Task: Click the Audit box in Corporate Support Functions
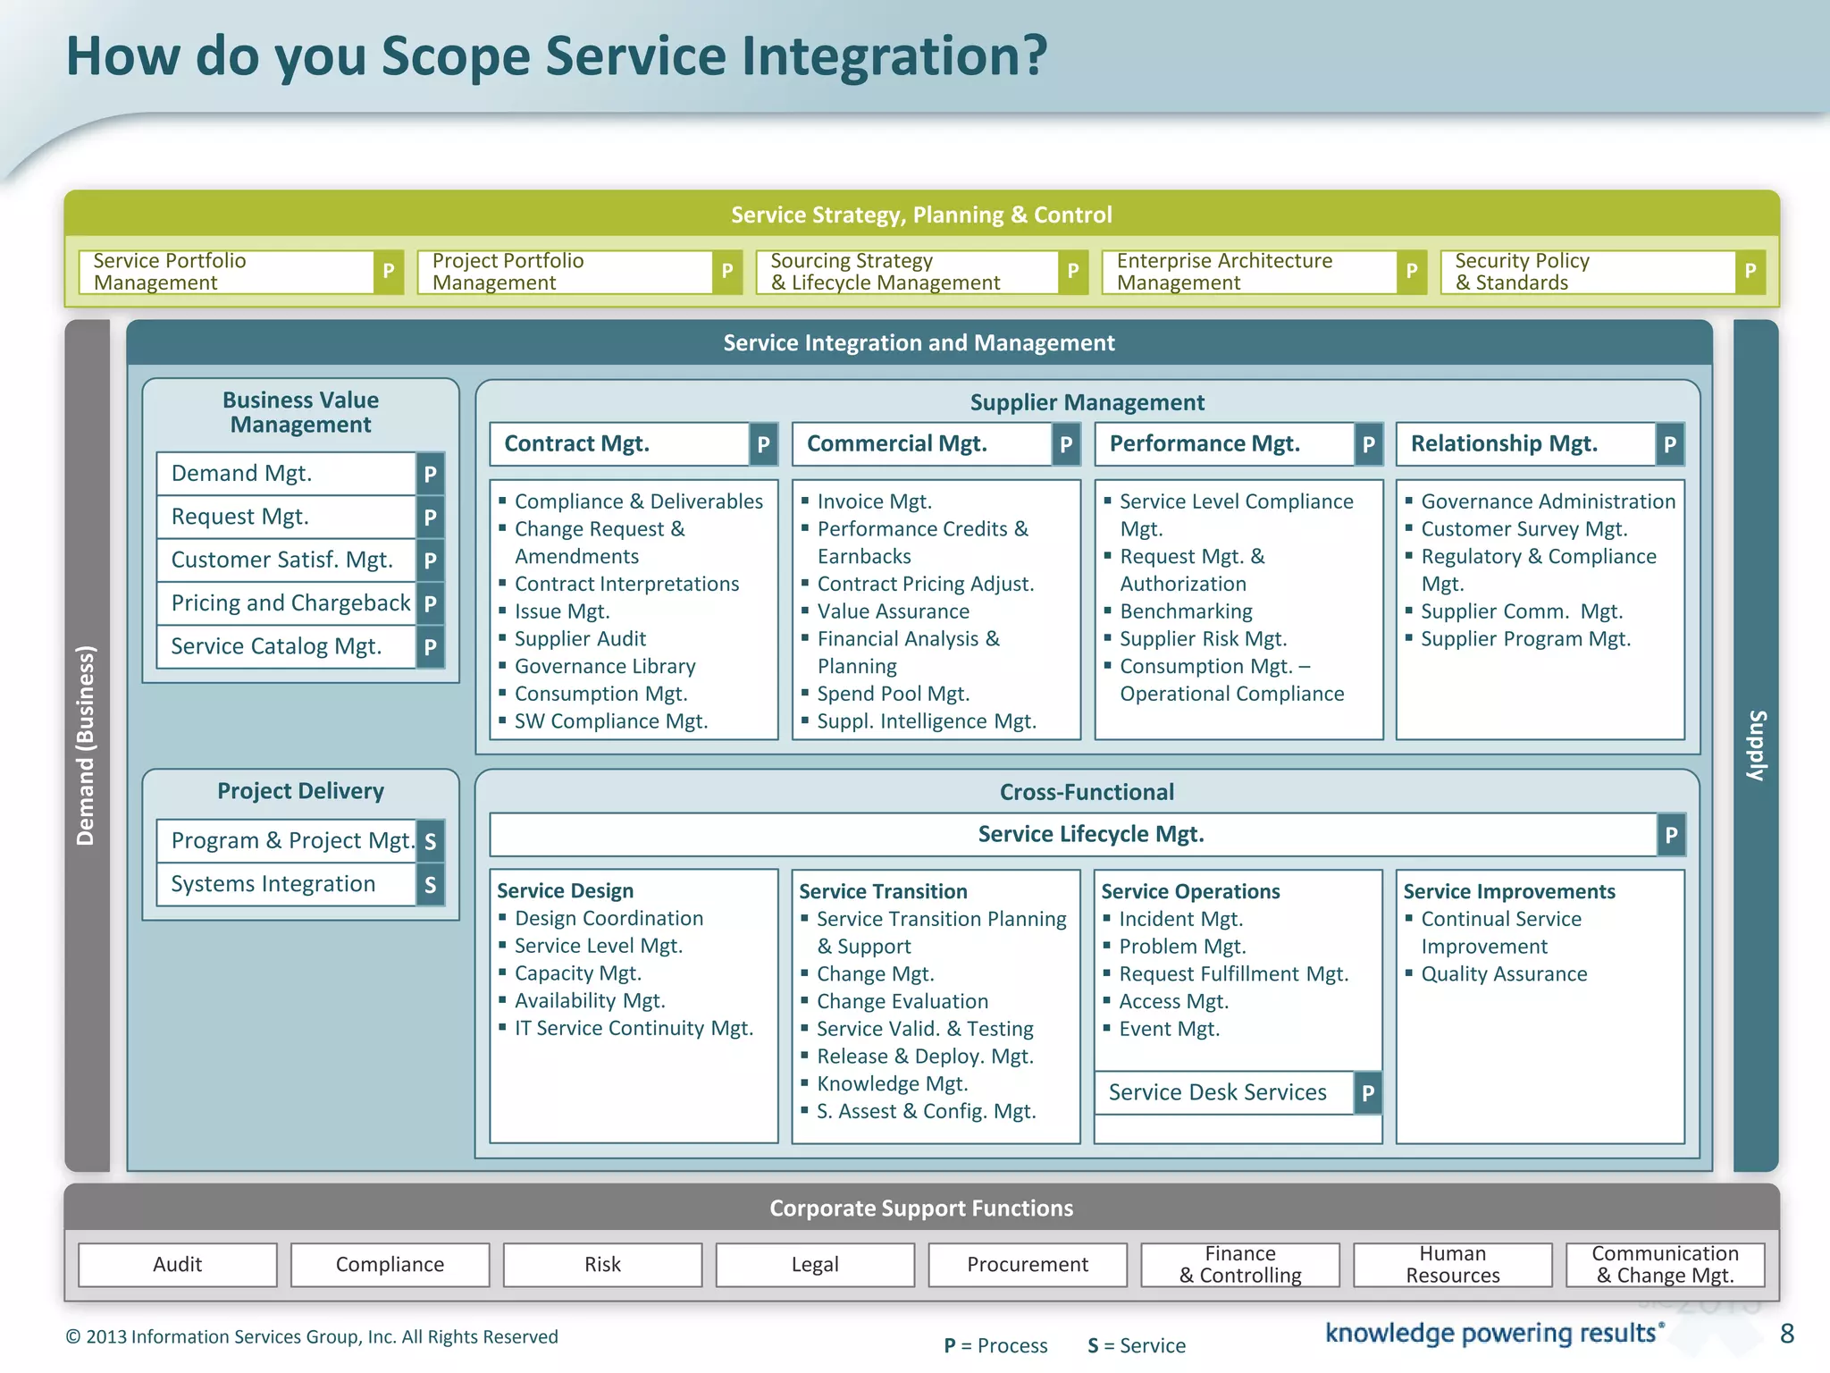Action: pos(177,1264)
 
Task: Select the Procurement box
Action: pos(1028,1264)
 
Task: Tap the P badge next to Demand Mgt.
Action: pos(430,474)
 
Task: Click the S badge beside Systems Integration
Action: pos(430,885)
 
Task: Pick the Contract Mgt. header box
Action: pos(619,444)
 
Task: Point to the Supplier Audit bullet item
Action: pos(580,639)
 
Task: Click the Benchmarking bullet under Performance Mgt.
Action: pos(1186,611)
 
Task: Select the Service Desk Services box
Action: pos(1217,1092)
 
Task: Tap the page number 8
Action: pos(1786,1334)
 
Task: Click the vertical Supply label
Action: pos(1756,745)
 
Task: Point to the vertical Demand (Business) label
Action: pos(86,745)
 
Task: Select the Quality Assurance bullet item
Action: pos(1504,974)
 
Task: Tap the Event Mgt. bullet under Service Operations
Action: pos(1169,1029)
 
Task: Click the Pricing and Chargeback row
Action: pos(290,603)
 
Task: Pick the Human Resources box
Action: pos(1452,1264)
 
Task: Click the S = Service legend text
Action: pos(1137,1345)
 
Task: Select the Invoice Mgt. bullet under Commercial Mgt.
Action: pos(874,501)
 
